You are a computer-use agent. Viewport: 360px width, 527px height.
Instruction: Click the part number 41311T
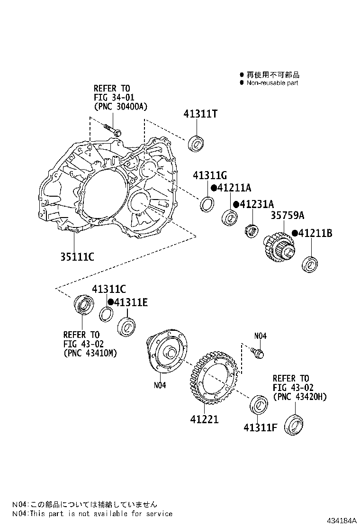click(x=200, y=114)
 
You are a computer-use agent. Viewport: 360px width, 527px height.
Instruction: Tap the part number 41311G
click(x=210, y=176)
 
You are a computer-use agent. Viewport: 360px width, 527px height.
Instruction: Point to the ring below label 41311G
click(x=207, y=204)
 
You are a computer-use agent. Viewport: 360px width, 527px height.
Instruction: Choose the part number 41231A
click(x=257, y=204)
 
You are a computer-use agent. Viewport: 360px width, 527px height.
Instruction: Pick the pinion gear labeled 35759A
click(x=279, y=248)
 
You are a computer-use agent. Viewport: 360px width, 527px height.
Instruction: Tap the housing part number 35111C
click(x=77, y=256)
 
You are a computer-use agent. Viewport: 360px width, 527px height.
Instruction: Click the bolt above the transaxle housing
click(x=112, y=129)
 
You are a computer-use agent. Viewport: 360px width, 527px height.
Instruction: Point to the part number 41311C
click(x=109, y=290)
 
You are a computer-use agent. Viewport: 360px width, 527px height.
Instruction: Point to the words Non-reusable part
click(x=272, y=82)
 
